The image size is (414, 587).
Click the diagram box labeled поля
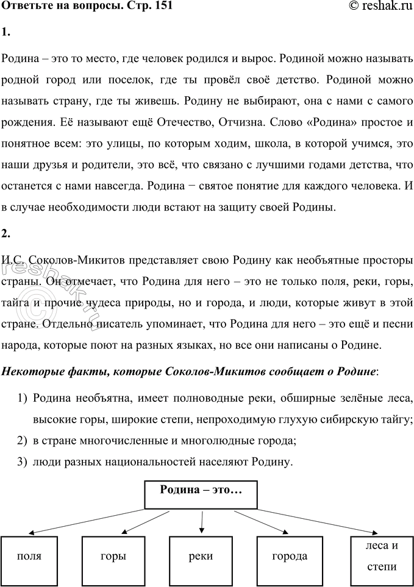click(x=29, y=557)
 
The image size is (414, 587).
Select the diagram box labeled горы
click(x=113, y=557)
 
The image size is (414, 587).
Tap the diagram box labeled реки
click(x=201, y=557)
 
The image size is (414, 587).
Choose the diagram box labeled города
click(x=290, y=557)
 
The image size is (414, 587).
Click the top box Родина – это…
click(x=201, y=494)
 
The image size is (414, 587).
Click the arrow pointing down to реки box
click(x=202, y=522)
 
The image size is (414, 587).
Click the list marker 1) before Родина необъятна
click(x=23, y=399)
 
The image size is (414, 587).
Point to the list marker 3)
click(x=23, y=462)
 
